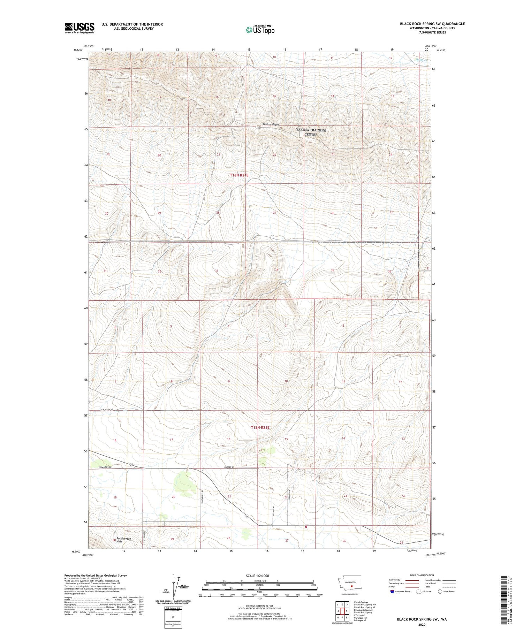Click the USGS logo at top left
[x=79, y=28]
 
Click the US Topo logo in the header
[x=260, y=30]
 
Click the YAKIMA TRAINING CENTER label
[x=311, y=132]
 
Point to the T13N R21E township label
[x=239, y=175]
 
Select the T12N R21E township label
[x=260, y=427]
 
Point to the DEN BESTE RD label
[x=107, y=409]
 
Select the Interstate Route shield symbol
[x=392, y=592]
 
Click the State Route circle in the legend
[x=440, y=592]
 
